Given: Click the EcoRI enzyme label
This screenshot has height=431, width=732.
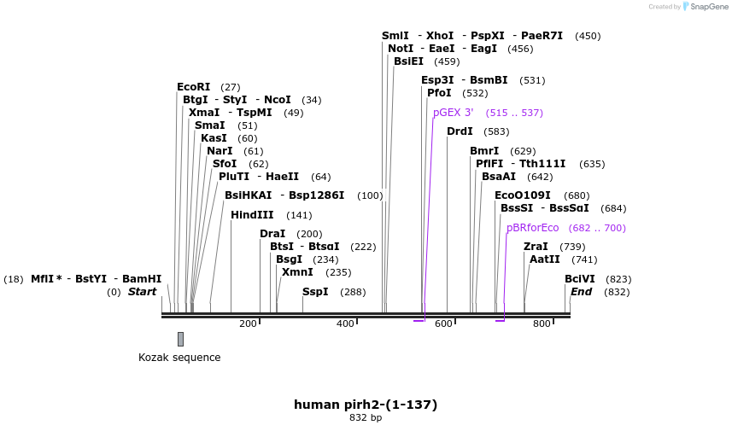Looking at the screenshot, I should point(193,87).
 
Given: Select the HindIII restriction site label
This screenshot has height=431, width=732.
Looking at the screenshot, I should point(252,215).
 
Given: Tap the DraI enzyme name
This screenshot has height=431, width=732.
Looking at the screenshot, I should point(272,234).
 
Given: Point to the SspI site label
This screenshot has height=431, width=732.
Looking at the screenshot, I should point(315,292).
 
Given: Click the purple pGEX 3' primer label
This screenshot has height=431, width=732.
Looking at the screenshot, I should point(452,113).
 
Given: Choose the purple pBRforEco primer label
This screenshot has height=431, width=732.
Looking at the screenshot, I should point(532,228).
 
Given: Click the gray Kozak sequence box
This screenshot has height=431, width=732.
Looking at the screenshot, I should point(180,339).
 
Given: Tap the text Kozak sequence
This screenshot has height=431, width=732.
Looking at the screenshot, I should point(179,358).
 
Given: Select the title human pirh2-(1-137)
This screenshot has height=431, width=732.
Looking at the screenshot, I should point(366,404).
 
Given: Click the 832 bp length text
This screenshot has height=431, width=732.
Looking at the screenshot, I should point(366,418).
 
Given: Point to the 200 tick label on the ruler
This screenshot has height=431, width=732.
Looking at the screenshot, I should point(248,324).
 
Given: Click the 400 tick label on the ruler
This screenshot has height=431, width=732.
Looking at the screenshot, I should point(345,324).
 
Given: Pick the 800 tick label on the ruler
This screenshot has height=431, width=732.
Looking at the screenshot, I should point(542,324).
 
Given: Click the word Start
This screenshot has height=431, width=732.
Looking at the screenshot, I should point(143,292).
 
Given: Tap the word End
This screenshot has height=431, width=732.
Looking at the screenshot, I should point(581,292).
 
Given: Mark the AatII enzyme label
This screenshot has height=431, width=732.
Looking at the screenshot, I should point(545,259).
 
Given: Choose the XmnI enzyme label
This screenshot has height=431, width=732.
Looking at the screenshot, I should point(297,272).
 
